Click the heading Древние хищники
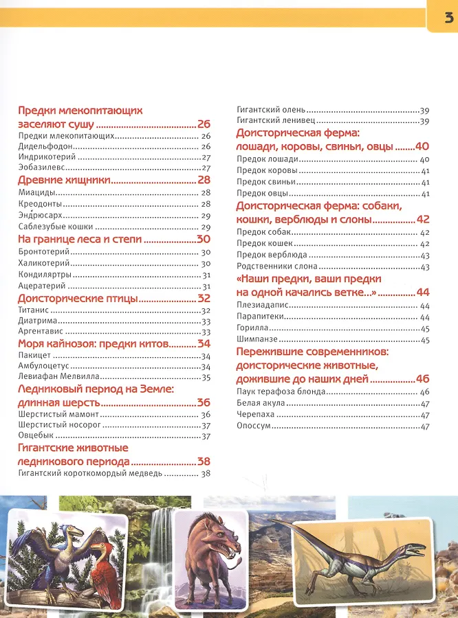click(64, 180)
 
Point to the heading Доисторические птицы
click(78, 298)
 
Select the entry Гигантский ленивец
click(272, 121)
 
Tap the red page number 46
click(422, 378)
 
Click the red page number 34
click(204, 343)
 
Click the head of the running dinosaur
click(417, 547)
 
